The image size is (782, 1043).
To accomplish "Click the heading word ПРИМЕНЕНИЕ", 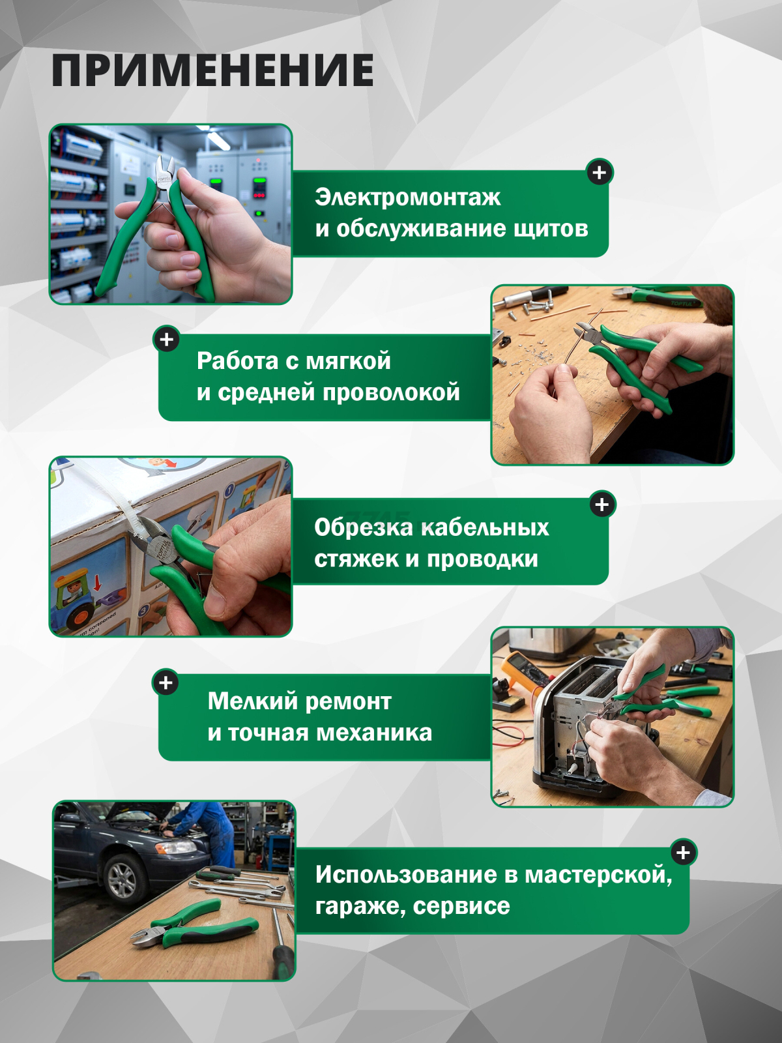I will point(212,70).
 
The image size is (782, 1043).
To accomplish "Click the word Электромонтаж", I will point(407,197).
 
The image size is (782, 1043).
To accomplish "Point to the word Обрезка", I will point(362,527).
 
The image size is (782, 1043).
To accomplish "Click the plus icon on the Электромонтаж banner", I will point(600,173).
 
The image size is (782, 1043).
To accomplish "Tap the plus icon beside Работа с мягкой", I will point(167,340).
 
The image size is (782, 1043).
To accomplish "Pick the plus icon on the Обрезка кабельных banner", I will point(602,505).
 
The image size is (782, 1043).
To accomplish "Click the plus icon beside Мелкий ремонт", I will point(166,683).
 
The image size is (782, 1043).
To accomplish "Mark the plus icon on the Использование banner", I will point(683,853).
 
